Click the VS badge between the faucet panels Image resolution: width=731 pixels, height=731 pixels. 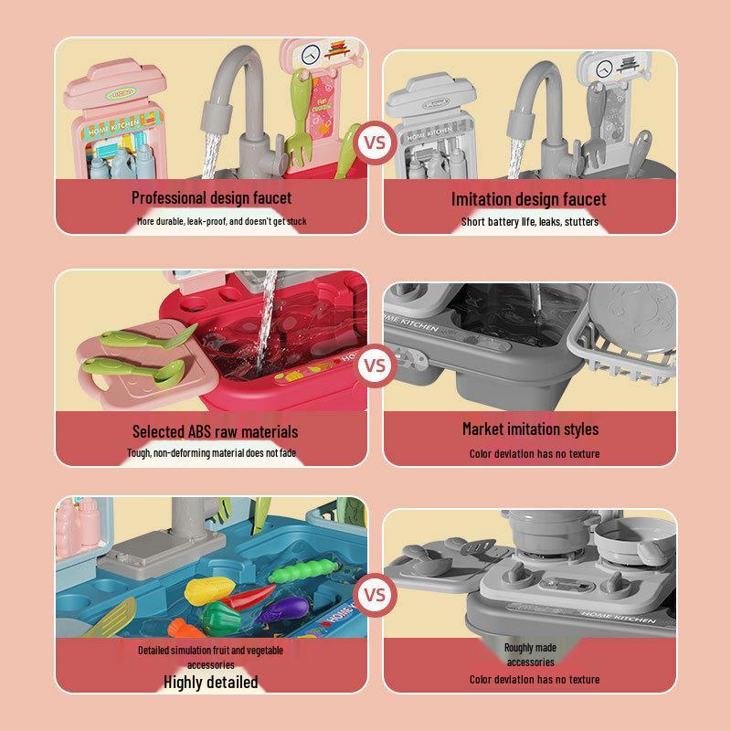click(375, 143)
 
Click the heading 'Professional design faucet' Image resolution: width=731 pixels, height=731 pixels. click(211, 197)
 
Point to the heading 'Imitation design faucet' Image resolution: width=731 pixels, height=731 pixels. click(528, 199)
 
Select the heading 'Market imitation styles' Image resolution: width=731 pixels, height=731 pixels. click(530, 429)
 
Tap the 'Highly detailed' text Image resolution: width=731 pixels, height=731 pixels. click(211, 682)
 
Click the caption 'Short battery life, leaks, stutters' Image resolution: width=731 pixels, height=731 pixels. click(530, 222)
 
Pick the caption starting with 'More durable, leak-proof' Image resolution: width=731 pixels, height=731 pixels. click(221, 221)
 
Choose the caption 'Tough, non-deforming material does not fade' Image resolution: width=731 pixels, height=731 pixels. click(211, 453)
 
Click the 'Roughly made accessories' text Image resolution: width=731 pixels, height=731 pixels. click(530, 654)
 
